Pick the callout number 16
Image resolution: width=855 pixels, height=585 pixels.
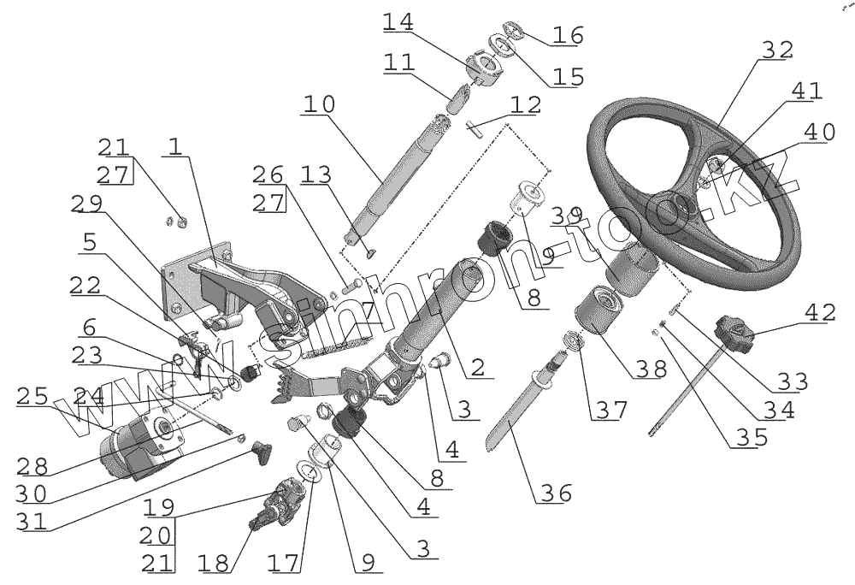[x=567, y=36]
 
